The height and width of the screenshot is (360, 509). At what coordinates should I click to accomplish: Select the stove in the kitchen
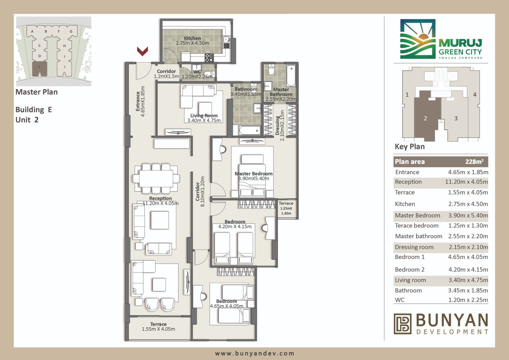tap(209, 58)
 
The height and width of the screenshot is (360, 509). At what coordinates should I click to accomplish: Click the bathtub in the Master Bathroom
tap(291, 75)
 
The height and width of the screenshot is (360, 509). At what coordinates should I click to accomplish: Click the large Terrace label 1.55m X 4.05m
tap(158, 327)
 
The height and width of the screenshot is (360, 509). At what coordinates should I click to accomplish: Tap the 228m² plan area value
tap(474, 161)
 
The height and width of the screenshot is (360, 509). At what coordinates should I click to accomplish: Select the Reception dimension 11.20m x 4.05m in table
tap(466, 182)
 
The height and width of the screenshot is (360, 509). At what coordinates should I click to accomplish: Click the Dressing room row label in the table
tap(414, 247)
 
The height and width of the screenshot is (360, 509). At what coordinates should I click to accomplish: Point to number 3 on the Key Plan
tap(456, 118)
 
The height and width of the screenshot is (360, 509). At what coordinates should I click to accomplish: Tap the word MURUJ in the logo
tap(460, 43)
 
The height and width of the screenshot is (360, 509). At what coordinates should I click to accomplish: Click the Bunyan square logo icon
tap(402, 324)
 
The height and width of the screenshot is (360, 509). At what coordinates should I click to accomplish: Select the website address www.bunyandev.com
tap(254, 353)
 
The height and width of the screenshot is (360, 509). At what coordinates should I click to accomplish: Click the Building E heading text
tap(34, 109)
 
